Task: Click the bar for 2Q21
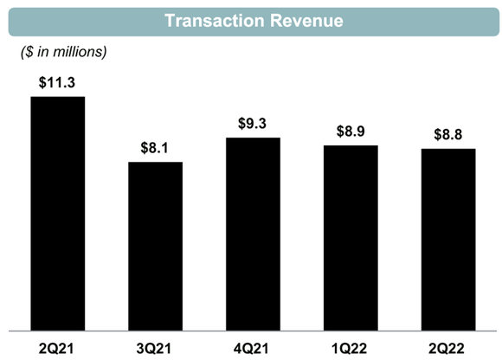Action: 58,213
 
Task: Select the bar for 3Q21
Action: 156,246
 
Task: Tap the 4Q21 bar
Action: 253,234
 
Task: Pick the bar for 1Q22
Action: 351,237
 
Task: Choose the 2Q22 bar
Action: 448,239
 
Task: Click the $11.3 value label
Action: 58,83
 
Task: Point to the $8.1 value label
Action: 156,148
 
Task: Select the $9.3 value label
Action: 253,124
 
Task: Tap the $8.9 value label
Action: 351,132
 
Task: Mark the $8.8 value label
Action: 448,135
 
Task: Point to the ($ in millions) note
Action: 63,53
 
